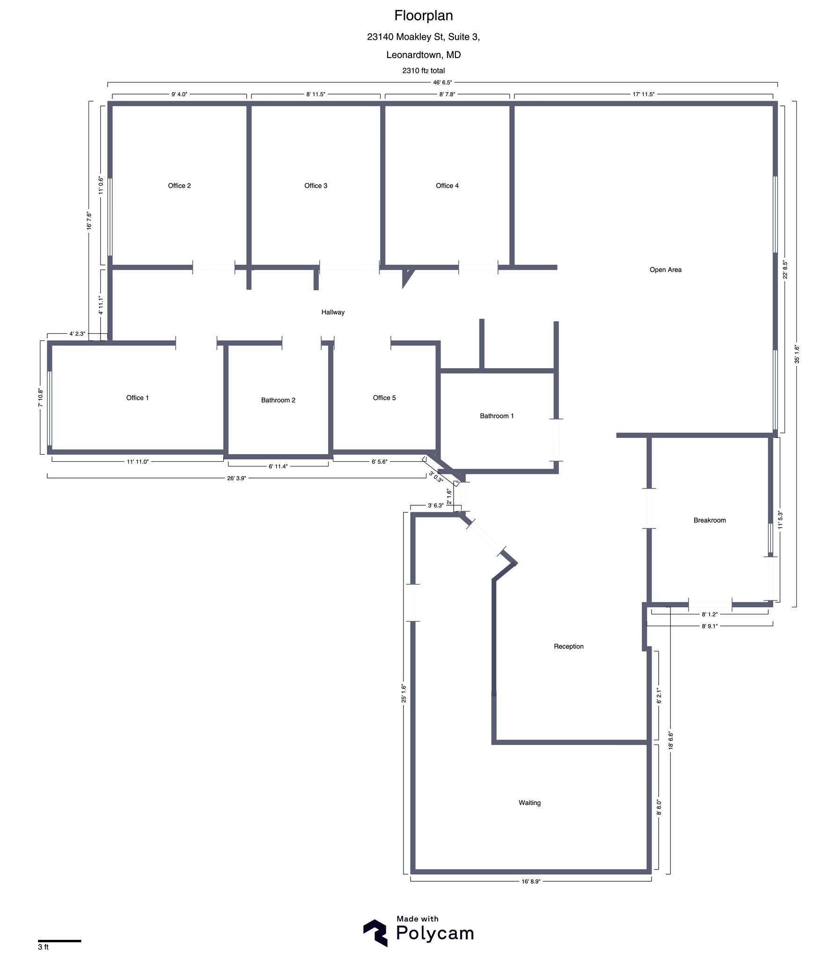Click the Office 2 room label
coord(179,186)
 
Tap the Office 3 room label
coord(316,186)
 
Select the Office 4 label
coord(447,186)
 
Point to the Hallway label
coord(333,312)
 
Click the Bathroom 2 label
coord(278,400)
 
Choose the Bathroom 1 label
coord(497,416)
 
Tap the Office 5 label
coord(384,398)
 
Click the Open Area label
coord(665,270)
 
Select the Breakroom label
coord(710,520)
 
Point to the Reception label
coord(568,647)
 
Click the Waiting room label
coord(529,803)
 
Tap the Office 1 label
coord(137,398)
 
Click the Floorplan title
coord(423,16)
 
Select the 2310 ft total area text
coord(423,71)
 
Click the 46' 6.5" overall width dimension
coord(442,82)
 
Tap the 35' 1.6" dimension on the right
coord(796,354)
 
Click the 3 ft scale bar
coord(59,941)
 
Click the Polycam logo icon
coord(375,933)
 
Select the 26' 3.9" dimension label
coord(236,478)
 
